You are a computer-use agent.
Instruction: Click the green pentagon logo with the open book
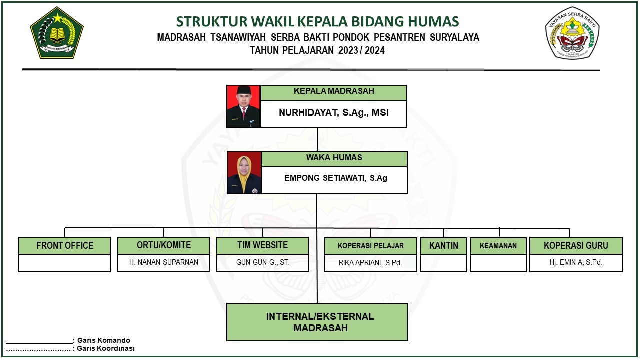[57, 33]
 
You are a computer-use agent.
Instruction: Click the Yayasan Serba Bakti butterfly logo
[572, 33]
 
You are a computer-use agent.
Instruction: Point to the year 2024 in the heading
[375, 50]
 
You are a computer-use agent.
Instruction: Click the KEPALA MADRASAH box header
[334, 91]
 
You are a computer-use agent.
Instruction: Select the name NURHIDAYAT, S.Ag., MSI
[334, 112]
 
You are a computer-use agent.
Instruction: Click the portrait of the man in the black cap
[243, 106]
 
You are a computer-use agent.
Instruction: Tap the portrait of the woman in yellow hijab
[244, 173]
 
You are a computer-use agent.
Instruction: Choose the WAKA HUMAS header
[334, 157]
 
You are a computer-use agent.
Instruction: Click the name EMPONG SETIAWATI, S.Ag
[335, 178]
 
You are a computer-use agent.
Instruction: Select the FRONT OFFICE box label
[65, 245]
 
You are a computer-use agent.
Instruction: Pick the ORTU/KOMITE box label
[164, 245]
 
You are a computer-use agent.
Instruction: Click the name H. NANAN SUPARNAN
[163, 262]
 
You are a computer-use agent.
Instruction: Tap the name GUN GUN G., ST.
[263, 262]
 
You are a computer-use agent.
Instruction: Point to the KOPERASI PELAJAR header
[371, 246]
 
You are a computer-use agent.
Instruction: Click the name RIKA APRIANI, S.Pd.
[370, 263]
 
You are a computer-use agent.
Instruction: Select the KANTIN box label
[443, 245]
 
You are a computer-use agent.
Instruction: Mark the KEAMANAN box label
[498, 246]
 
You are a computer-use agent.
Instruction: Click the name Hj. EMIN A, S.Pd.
[576, 262]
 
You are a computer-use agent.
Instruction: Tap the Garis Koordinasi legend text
[106, 348]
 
